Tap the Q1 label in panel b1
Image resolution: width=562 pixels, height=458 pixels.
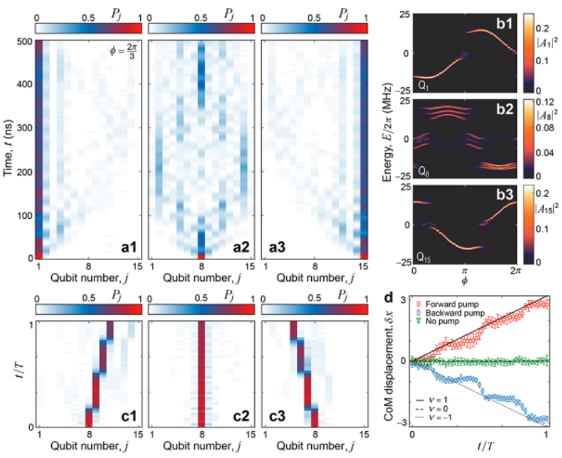point(424,87)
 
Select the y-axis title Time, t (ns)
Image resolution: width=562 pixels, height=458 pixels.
point(7,149)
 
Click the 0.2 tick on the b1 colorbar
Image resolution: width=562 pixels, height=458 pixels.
point(539,24)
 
